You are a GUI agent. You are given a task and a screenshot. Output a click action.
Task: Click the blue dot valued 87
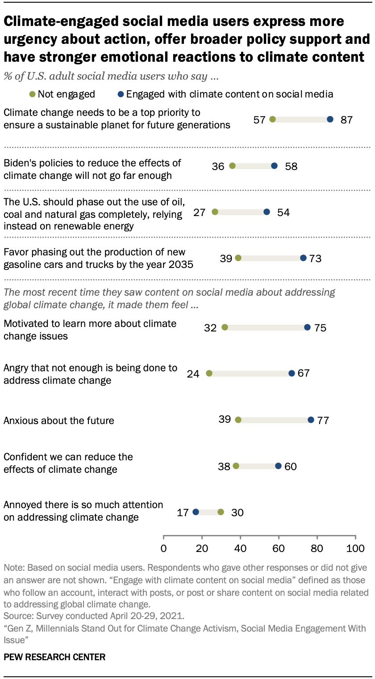pyautogui.click(x=330, y=119)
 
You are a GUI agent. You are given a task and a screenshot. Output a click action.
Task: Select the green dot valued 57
pyautogui.click(x=272, y=119)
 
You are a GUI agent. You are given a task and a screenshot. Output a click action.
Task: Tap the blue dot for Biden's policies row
pyautogui.click(x=274, y=166)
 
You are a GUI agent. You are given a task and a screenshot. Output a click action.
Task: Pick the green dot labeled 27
pyautogui.click(x=215, y=212)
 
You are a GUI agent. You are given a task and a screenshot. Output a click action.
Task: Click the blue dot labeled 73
pyautogui.click(x=303, y=258)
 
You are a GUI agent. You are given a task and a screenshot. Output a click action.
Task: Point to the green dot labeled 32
pyautogui.click(x=225, y=327)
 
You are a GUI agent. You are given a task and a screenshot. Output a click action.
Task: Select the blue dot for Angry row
pyautogui.click(x=292, y=373)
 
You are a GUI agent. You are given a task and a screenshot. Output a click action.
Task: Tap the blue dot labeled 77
pyautogui.click(x=311, y=420)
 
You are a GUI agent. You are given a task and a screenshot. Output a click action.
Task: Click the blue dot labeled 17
pyautogui.click(x=196, y=512)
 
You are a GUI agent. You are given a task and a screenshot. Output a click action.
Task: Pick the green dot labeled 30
pyautogui.click(x=221, y=512)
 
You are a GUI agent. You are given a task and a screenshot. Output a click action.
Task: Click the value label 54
pyautogui.click(x=283, y=212)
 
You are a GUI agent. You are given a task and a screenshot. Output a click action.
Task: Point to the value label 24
pyautogui.click(x=193, y=373)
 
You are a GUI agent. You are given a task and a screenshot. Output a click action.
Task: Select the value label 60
pyautogui.click(x=290, y=466)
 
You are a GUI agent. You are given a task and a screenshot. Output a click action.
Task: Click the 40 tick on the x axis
pyautogui.click(x=241, y=548)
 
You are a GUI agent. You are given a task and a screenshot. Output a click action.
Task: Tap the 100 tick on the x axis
pyautogui.click(x=355, y=548)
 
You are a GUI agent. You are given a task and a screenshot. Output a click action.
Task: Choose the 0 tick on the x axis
pyautogui.click(x=163, y=548)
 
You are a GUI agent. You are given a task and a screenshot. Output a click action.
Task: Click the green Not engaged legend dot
pyautogui.click(x=33, y=94)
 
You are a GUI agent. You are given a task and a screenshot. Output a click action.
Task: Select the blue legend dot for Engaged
pyautogui.click(x=121, y=94)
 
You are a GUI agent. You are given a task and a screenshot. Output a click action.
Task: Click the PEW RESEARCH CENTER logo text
pyautogui.click(x=54, y=657)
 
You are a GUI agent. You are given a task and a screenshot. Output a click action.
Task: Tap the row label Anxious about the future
pyautogui.click(x=59, y=420)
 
